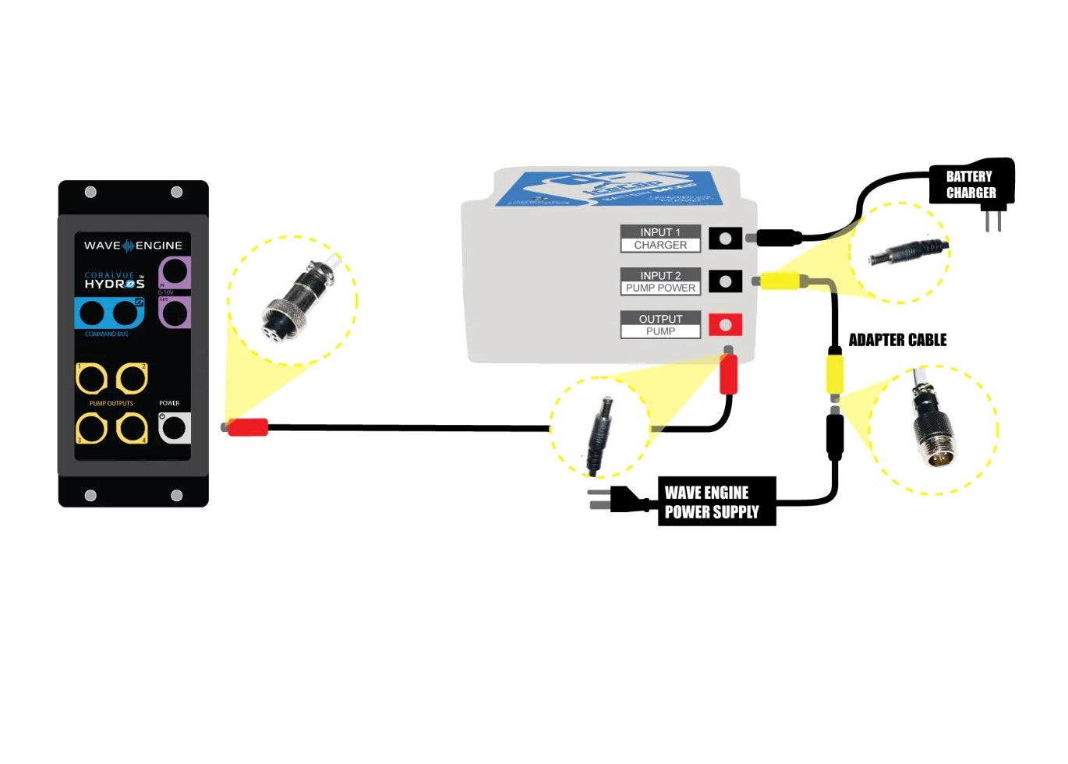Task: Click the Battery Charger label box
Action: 971,184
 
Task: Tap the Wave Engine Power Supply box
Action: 716,501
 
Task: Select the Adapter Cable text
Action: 897,340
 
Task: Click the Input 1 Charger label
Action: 660,239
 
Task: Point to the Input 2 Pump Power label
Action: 660,281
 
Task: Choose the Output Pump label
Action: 660,325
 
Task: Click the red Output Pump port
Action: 725,324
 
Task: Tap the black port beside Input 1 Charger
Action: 725,238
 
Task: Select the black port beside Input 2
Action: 725,281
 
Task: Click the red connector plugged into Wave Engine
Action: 247,427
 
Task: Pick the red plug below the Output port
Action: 728,374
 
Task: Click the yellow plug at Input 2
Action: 780,281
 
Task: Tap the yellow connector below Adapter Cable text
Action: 835,373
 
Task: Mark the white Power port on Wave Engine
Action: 174,427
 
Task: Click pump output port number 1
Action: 91,379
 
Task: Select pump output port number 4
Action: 132,428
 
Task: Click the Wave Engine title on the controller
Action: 133,246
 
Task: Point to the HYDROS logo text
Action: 115,284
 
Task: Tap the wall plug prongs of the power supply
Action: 599,499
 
